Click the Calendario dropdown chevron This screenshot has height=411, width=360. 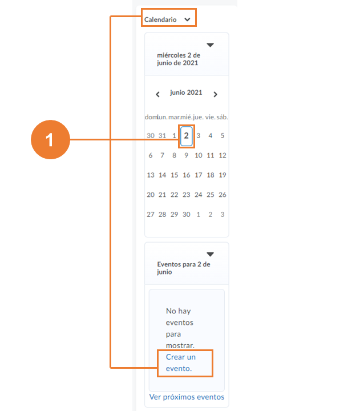(187, 19)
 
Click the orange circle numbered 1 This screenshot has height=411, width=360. (51, 139)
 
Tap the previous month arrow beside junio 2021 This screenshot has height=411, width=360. (157, 94)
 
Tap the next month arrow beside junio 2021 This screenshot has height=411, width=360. (215, 94)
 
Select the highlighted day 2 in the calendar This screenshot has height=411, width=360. (187, 136)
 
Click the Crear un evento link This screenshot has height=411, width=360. (181, 363)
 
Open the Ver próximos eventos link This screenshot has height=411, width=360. (187, 397)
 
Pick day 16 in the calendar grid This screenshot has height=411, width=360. (187, 175)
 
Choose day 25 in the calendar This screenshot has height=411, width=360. (211, 195)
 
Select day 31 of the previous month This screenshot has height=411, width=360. (162, 136)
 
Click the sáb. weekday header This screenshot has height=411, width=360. (222, 117)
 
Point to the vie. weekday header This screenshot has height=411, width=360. (210, 117)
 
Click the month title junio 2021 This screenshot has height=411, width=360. (186, 92)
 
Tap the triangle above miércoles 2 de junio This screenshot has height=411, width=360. (210, 45)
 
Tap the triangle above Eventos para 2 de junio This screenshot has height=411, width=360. (210, 254)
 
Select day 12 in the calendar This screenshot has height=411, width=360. (223, 155)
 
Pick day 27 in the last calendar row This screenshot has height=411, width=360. (151, 215)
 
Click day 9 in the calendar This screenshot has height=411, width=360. (187, 155)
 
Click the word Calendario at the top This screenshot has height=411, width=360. (160, 19)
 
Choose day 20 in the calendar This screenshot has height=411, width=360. (151, 195)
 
